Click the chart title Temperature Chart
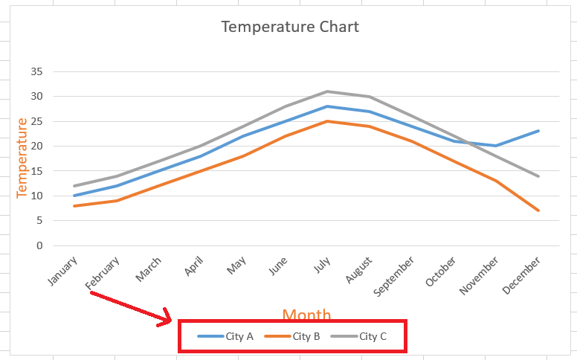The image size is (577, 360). tap(290, 27)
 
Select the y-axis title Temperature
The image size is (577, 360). tap(22, 158)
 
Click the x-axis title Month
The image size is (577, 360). tap(306, 315)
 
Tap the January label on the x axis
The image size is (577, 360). tap(62, 271)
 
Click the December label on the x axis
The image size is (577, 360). tap(523, 274)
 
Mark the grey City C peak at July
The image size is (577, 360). tap(328, 91)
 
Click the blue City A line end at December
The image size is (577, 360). tap(538, 131)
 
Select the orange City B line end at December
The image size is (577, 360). tap(538, 210)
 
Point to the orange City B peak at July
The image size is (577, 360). tap(328, 121)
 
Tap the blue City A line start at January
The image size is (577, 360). tap(74, 196)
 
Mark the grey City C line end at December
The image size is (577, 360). tap(538, 176)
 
